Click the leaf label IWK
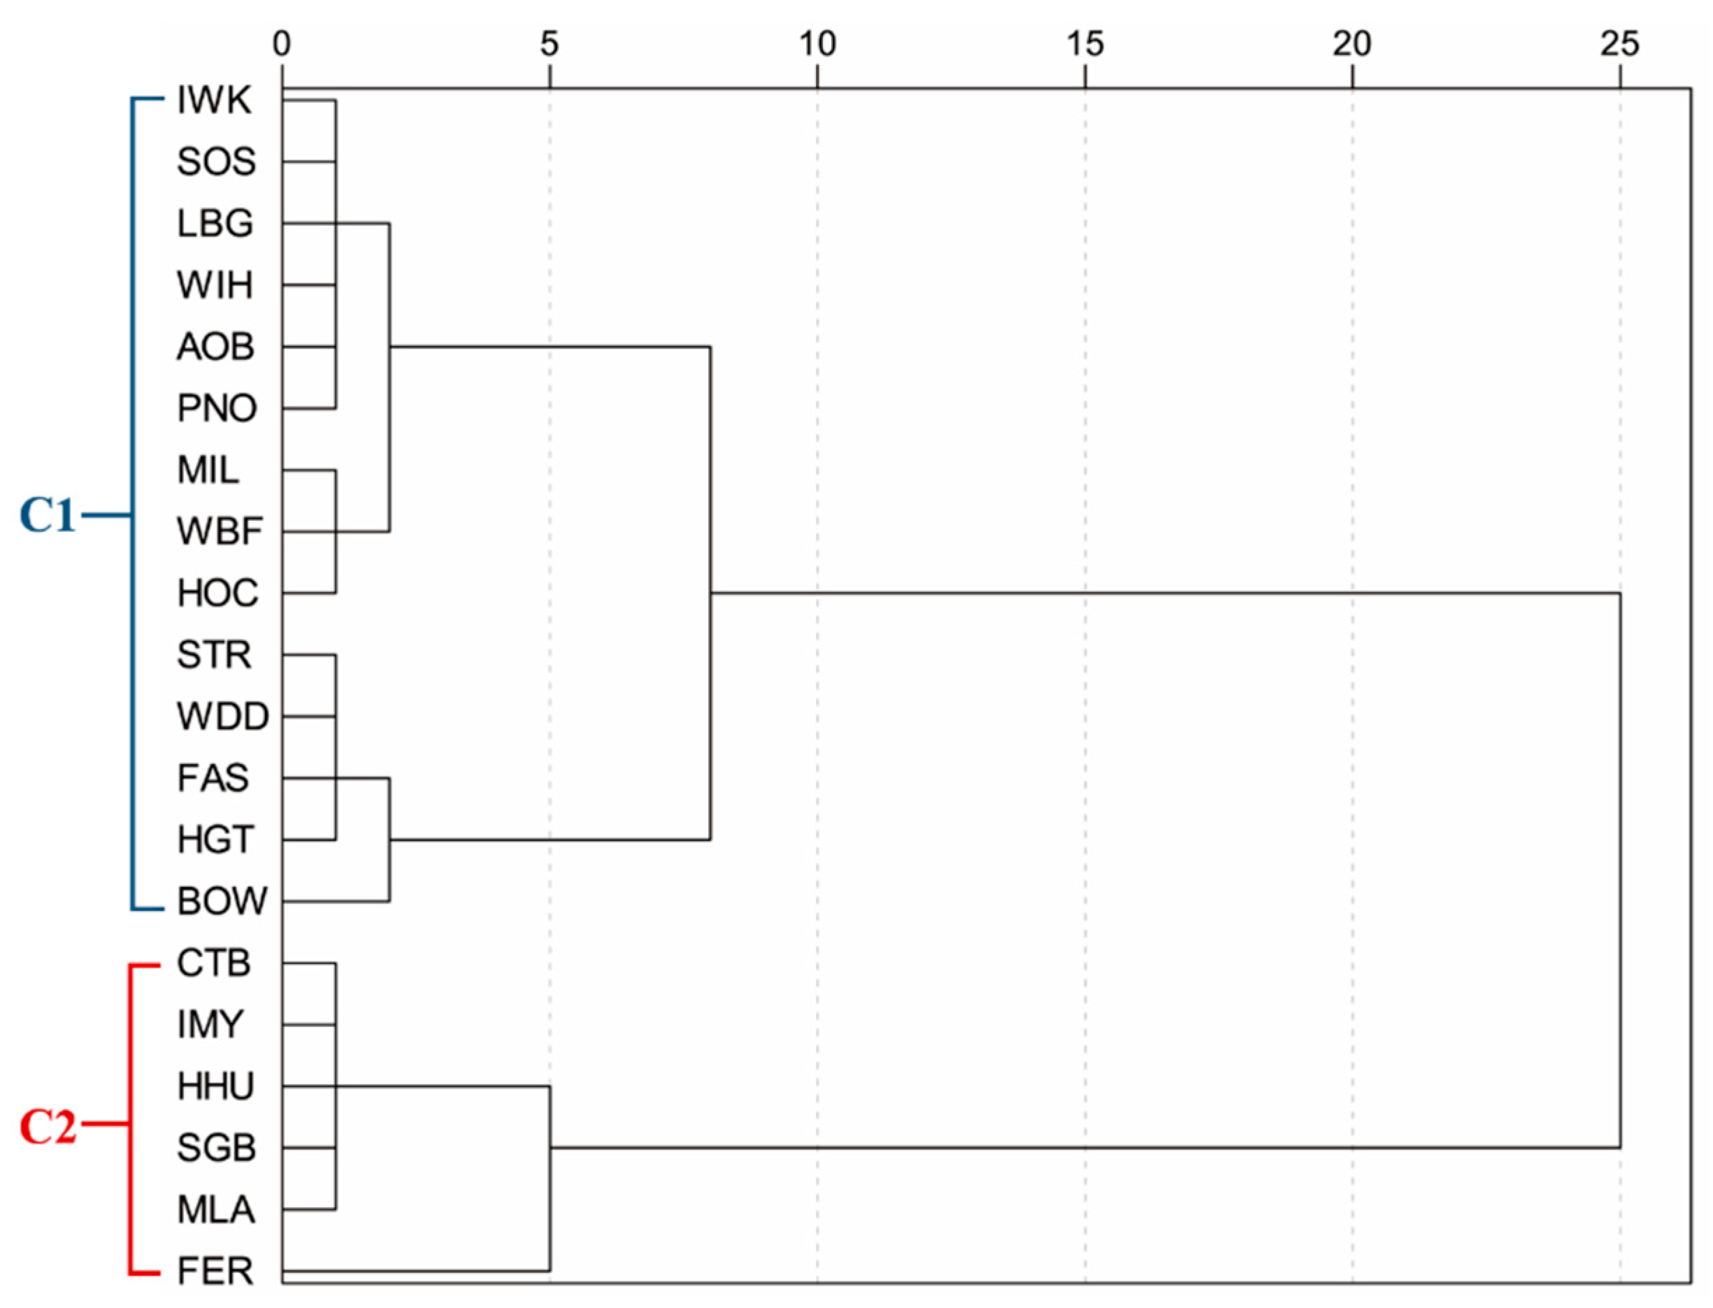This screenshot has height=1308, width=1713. coord(214,101)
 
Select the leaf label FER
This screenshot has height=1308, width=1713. coord(215,1271)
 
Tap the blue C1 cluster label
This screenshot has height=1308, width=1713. coord(48,515)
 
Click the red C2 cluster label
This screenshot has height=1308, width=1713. coord(48,1126)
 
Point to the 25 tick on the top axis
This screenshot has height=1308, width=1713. coord(1619,44)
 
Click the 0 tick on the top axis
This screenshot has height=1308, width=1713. coord(282,44)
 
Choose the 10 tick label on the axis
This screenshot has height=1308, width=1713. coord(817,44)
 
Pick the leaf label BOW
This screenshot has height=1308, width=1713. coord(222,902)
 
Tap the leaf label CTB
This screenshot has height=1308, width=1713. coord(213,963)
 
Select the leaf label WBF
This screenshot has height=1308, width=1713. coord(220,532)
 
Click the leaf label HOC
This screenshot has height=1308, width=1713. coord(217,594)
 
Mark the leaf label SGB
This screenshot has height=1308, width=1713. coord(215,1148)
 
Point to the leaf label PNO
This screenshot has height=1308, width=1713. coord(217,408)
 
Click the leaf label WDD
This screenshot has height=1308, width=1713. coord(222,717)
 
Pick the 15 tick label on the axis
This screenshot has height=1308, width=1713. coord(1084,44)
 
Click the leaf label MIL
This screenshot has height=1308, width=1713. coord(208,470)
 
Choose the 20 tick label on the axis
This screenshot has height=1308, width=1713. coord(1352,44)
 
